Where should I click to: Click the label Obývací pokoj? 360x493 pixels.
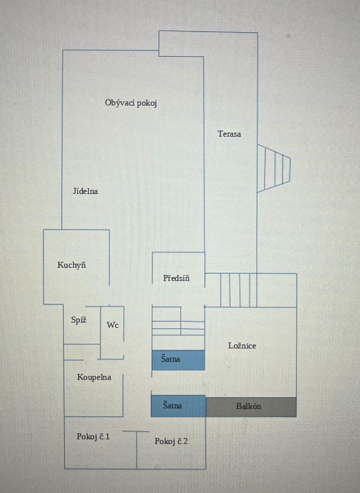coord(131,103)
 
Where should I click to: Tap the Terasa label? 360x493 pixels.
coord(229,134)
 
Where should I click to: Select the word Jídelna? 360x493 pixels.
coord(85,191)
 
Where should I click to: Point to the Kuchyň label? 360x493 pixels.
coord(72,265)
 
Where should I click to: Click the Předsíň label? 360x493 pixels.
coord(176,278)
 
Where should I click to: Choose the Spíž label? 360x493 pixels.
coord(78,320)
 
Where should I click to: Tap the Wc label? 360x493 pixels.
coord(113,325)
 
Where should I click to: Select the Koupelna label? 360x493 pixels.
coord(94,377)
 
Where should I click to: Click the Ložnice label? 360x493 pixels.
coord(242,346)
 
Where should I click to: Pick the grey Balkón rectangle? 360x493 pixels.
coord(251,407)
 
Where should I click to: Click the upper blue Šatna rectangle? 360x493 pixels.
coord(178,359)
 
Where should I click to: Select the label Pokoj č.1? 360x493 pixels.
coord(93,437)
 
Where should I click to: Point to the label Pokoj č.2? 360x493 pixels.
coord(171,442)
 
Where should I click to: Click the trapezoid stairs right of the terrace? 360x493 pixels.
coord(273,168)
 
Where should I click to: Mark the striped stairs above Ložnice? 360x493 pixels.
coord(239,290)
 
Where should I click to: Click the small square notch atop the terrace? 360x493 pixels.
coord(181,44)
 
